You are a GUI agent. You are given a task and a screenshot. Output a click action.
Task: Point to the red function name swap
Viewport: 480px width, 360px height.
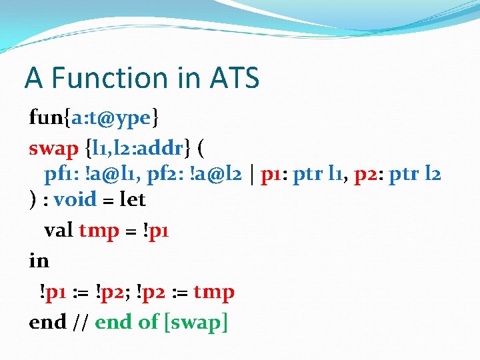click(53, 147)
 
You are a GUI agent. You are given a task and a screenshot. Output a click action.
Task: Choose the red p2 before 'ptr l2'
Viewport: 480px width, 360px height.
click(366, 175)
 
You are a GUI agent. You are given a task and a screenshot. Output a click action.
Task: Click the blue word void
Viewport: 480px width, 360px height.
click(75, 199)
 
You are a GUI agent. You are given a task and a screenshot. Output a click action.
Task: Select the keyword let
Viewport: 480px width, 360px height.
click(131, 199)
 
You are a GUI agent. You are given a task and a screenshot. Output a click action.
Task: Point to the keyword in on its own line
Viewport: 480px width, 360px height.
click(39, 261)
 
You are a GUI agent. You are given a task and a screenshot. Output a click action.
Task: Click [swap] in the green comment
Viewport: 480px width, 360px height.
click(196, 322)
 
